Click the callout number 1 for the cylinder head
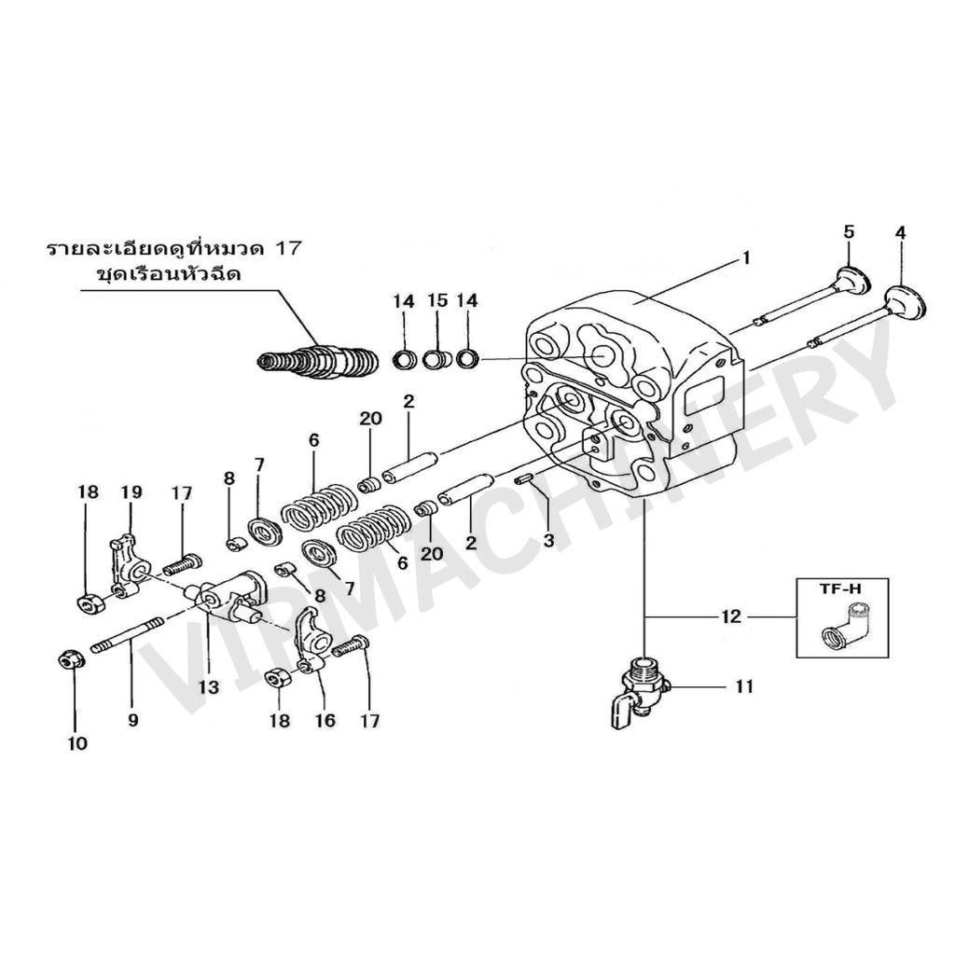click(745, 257)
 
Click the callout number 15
click(437, 301)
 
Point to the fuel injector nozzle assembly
click(318, 361)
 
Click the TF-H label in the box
click(842, 590)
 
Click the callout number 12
click(730, 617)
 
